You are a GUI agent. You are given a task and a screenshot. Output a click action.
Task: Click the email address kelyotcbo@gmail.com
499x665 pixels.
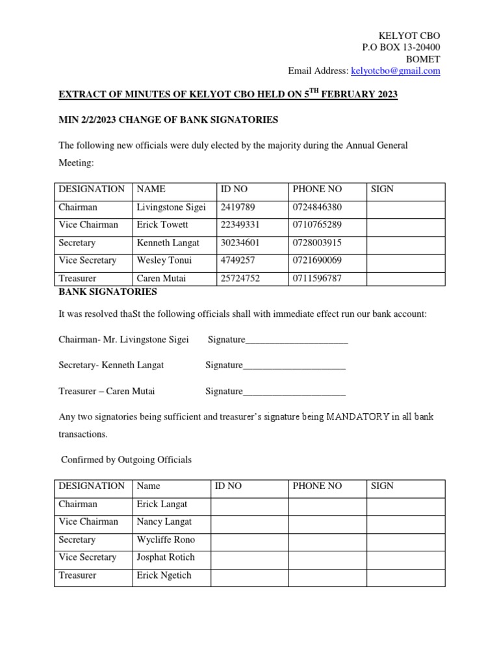coord(395,71)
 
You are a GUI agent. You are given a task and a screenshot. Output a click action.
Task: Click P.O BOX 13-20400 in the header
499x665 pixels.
coord(401,47)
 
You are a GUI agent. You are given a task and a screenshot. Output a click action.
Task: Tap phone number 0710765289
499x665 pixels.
coord(316,225)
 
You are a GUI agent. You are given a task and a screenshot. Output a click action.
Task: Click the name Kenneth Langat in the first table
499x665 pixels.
coord(168,243)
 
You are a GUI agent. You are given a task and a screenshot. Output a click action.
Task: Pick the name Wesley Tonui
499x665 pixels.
coord(162,260)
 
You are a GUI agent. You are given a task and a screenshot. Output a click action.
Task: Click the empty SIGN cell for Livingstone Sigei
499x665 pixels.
coord(405,207)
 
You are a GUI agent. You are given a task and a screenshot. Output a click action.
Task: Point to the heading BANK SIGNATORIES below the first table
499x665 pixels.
coord(107,292)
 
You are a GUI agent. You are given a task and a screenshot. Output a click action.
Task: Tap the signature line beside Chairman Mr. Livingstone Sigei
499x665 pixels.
coord(296,340)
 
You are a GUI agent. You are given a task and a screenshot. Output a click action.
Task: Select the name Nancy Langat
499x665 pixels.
coord(164,521)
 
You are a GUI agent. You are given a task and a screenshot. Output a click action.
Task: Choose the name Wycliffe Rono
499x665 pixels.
coord(166,540)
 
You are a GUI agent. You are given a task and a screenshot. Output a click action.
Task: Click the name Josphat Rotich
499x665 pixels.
coord(166,557)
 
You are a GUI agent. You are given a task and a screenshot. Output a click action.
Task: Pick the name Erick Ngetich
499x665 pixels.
coord(164,575)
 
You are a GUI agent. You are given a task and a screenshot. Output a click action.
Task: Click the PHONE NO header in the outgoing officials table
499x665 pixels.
coord(317,486)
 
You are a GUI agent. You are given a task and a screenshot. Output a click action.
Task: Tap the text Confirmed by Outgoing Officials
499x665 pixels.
coord(126,460)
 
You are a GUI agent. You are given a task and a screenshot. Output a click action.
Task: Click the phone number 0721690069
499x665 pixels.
coord(316,260)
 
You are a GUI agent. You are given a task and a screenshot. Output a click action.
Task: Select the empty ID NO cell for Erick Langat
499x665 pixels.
coord(249,504)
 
